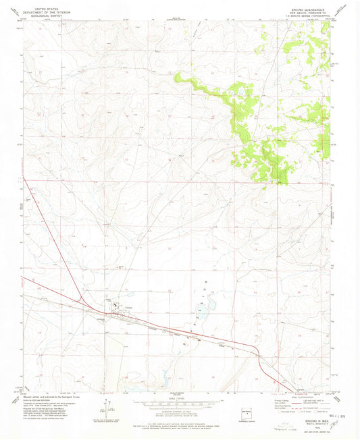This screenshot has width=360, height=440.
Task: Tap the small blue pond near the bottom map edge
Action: [x=164, y=379]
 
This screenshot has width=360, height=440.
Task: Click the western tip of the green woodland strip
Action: [x=177, y=76]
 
